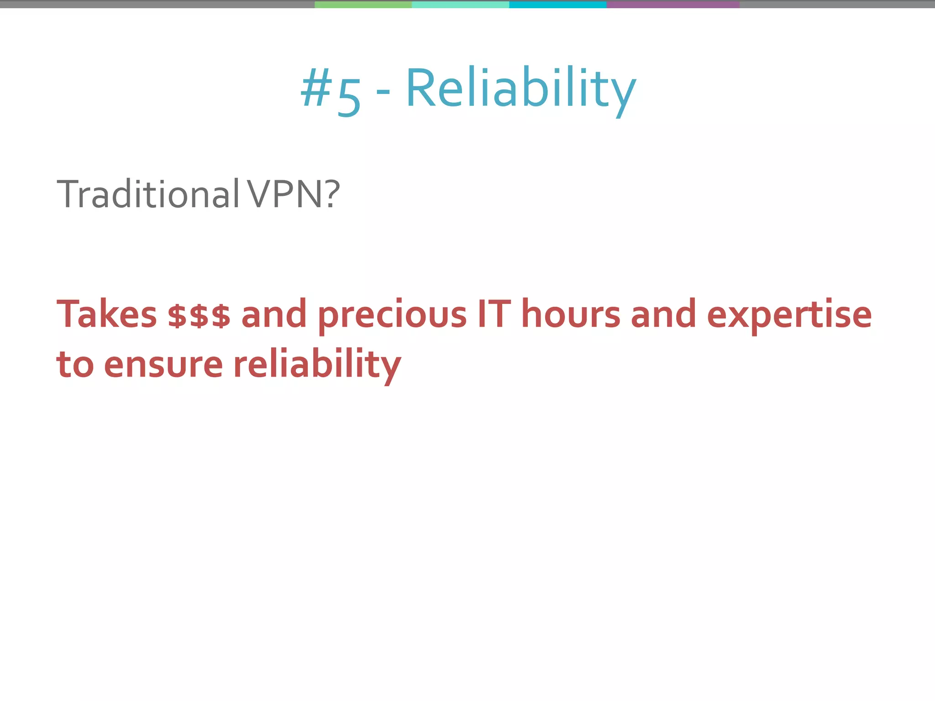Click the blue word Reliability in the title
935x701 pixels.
tap(520, 89)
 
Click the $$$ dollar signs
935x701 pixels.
tap(199, 315)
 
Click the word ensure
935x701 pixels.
tap(163, 365)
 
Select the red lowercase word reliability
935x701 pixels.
tap(317, 365)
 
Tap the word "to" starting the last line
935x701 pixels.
tap(75, 365)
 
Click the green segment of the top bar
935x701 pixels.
tap(363, 4)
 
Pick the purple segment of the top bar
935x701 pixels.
tap(672, 4)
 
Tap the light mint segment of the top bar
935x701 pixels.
tap(460, 4)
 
